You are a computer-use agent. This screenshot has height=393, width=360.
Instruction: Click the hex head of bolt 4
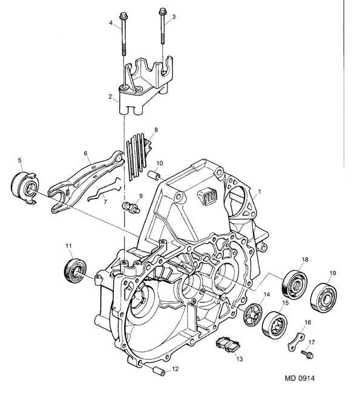click(123, 16)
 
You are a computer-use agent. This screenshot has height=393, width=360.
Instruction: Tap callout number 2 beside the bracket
click(110, 97)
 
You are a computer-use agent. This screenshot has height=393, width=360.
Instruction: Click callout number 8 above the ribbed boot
click(156, 129)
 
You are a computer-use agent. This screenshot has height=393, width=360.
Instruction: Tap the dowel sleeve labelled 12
click(159, 371)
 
